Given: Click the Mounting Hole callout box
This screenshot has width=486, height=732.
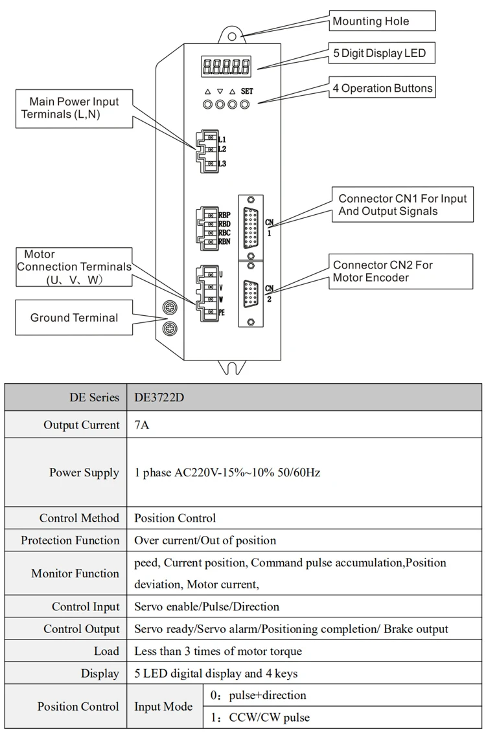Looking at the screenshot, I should [x=382, y=21].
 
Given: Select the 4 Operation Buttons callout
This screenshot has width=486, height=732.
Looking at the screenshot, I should [x=382, y=89].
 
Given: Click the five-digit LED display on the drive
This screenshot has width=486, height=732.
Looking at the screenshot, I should [x=227, y=65].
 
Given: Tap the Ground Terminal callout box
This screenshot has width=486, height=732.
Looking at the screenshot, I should [x=75, y=317].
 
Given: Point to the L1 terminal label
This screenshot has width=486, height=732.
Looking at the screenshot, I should [x=222, y=139].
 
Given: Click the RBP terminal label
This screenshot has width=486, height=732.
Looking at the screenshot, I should [x=224, y=215].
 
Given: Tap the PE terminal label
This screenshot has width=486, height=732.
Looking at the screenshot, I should [x=222, y=312].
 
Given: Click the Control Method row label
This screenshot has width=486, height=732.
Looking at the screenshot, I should [x=79, y=518].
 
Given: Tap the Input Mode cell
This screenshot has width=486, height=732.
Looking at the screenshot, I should [x=164, y=707].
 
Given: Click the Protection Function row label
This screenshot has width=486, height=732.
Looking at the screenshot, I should [x=70, y=540].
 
